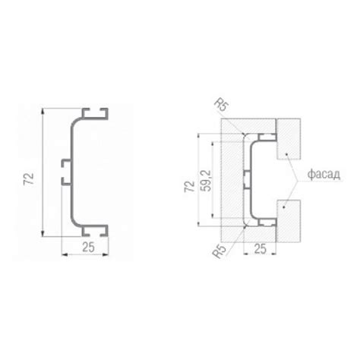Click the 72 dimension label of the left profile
(29, 179)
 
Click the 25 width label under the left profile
(88, 247)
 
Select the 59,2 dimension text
(205, 181)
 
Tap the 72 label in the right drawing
(190, 186)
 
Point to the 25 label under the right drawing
(261, 249)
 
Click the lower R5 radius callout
(219, 251)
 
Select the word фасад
(324, 174)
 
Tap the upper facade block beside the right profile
(289, 139)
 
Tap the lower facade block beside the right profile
(289, 221)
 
